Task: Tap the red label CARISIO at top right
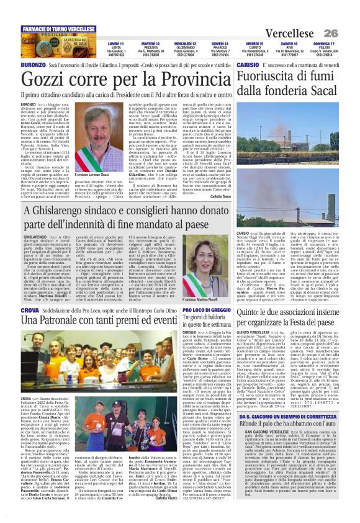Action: point(247,64)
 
